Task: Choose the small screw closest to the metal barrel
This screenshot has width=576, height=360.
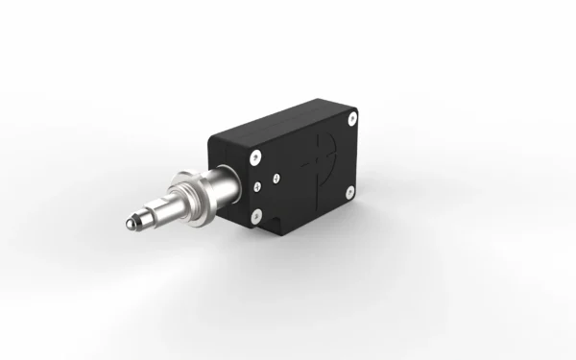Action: tap(257, 184)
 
